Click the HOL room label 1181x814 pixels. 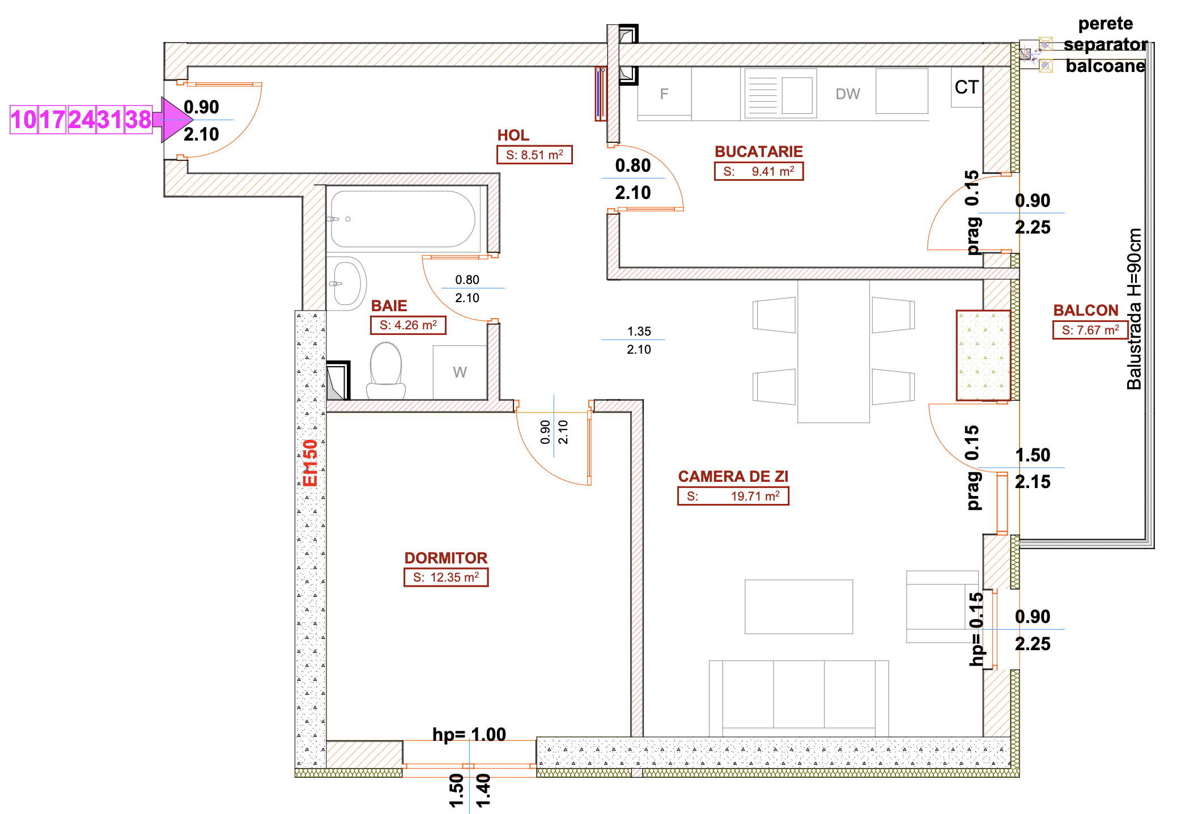coord(513,135)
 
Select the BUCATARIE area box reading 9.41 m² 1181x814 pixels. coord(759,171)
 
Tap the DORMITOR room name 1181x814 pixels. coord(446,558)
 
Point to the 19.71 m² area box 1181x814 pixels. coord(733,496)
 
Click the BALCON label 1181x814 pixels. coord(1086,311)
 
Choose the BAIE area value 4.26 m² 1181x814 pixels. coord(409,325)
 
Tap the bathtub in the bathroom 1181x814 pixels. coord(403,219)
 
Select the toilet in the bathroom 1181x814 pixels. coord(386,371)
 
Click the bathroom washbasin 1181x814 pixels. coord(347,283)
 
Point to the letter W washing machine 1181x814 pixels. coord(460,372)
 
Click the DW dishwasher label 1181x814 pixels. coord(848,94)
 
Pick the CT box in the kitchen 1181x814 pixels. coord(967,87)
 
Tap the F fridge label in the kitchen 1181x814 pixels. coord(664,94)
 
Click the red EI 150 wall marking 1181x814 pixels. coord(310,463)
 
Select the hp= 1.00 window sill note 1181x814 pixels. coord(469,735)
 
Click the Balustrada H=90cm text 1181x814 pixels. coord(1134,309)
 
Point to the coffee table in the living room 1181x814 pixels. coord(799,607)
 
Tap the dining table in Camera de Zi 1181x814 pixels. coord(834,351)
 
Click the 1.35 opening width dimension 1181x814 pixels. coord(639,331)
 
